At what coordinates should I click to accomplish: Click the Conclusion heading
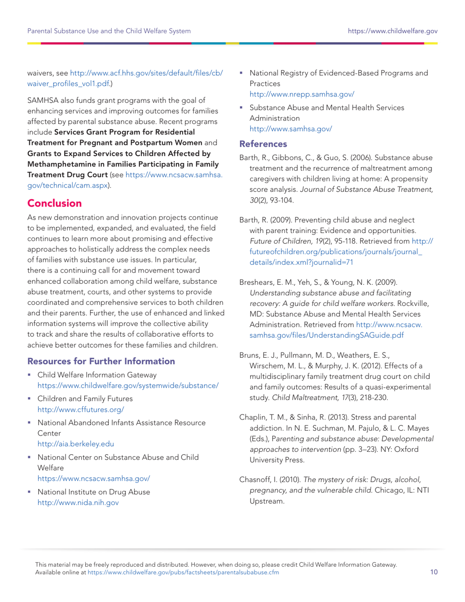pyautogui.click(x=54, y=203)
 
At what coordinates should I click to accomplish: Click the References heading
pyautogui.click(x=262, y=144)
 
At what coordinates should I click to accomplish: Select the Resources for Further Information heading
pyautogui.click(x=101, y=362)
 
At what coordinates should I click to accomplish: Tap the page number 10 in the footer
pyautogui.click(x=434, y=573)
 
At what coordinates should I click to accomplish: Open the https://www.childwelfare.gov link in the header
pyautogui.click(x=393, y=31)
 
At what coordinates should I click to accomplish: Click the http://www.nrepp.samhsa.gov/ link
pyautogui.click(x=302, y=94)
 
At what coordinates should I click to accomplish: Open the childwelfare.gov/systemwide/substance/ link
pyautogui.click(x=128, y=385)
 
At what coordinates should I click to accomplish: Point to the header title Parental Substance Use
pyautogui.click(x=109, y=31)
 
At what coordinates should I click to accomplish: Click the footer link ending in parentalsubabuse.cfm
pyautogui.click(x=184, y=573)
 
